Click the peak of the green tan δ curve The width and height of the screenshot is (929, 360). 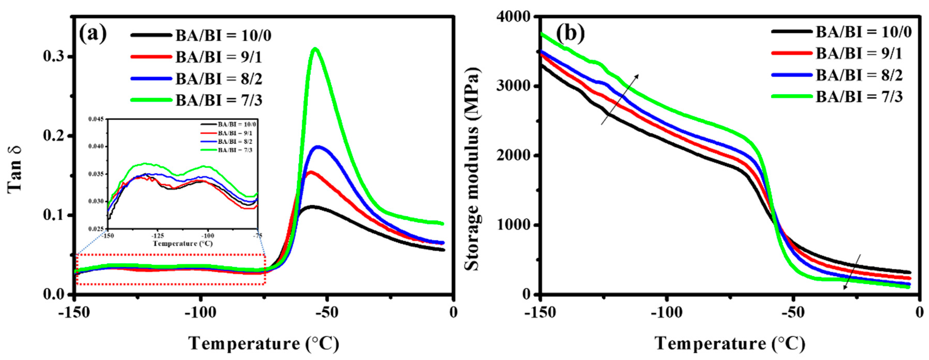click(315, 49)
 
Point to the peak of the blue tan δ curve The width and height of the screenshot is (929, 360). click(318, 147)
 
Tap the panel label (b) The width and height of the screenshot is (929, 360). click(570, 33)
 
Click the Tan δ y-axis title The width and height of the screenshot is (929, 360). click(15, 170)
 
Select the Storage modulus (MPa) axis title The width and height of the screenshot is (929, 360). click(472, 169)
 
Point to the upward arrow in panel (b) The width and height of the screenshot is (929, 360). click(620, 99)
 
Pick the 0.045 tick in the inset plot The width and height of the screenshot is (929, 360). click(96, 119)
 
